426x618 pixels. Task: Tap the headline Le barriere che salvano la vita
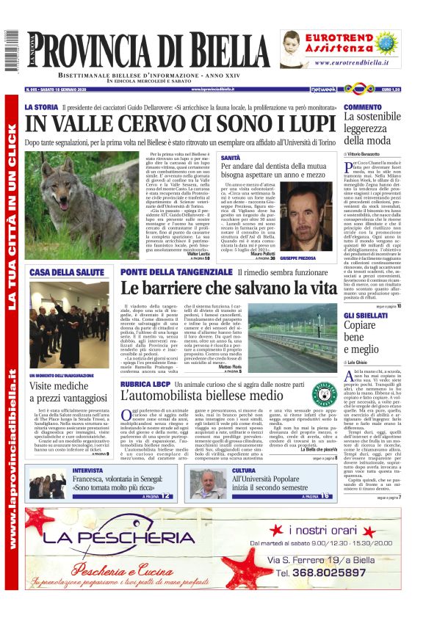[x=229, y=288]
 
